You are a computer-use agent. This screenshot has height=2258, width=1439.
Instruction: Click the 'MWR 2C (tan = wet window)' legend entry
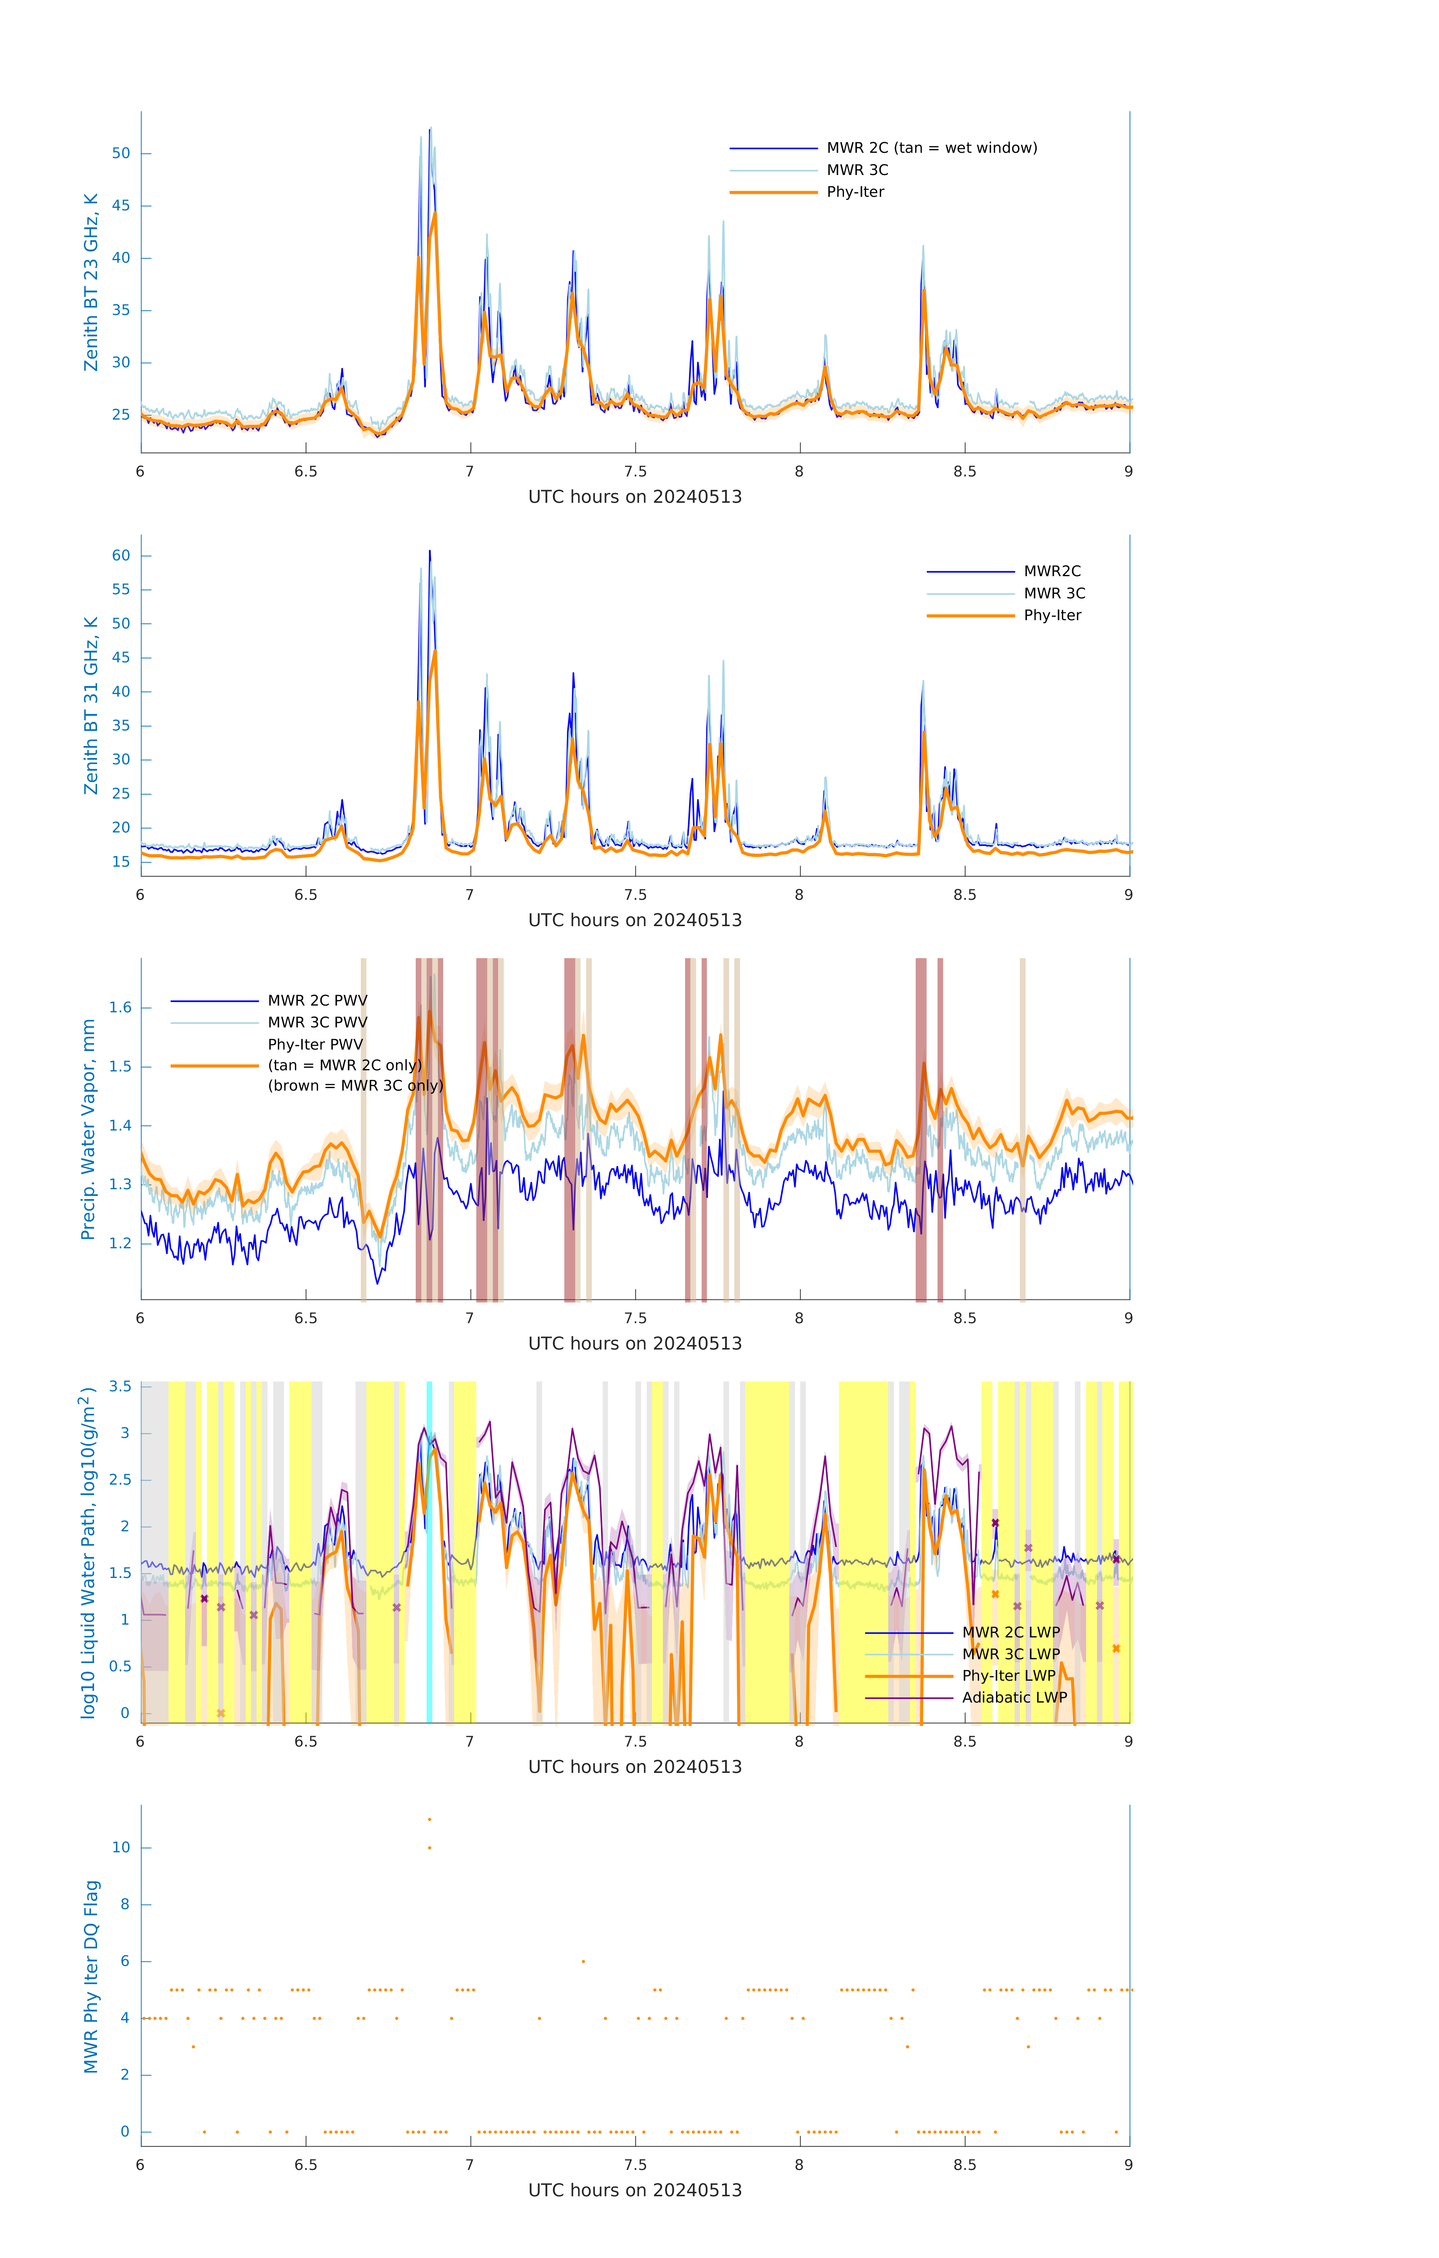[931, 148]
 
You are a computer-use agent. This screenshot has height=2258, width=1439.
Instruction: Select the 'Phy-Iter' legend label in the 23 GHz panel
[855, 192]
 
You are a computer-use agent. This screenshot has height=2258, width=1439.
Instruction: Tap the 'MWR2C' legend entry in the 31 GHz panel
[1052, 571]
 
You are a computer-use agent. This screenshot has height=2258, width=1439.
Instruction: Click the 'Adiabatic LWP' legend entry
[1014, 1697]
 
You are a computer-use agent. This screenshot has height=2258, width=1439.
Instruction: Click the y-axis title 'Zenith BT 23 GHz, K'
[91, 282]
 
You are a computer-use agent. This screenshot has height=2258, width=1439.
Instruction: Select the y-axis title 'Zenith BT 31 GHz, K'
[91, 705]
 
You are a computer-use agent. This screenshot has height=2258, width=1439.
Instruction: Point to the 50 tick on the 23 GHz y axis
[121, 154]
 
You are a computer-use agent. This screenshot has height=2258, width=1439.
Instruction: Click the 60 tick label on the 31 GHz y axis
[121, 555]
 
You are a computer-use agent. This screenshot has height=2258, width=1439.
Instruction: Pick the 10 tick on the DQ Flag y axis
[121, 1847]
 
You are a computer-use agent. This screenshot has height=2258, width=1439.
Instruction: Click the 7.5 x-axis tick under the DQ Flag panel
[635, 2165]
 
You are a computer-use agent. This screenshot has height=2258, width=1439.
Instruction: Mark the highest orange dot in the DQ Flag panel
[429, 1819]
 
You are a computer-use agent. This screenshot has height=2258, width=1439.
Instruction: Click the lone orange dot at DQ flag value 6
[583, 1961]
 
